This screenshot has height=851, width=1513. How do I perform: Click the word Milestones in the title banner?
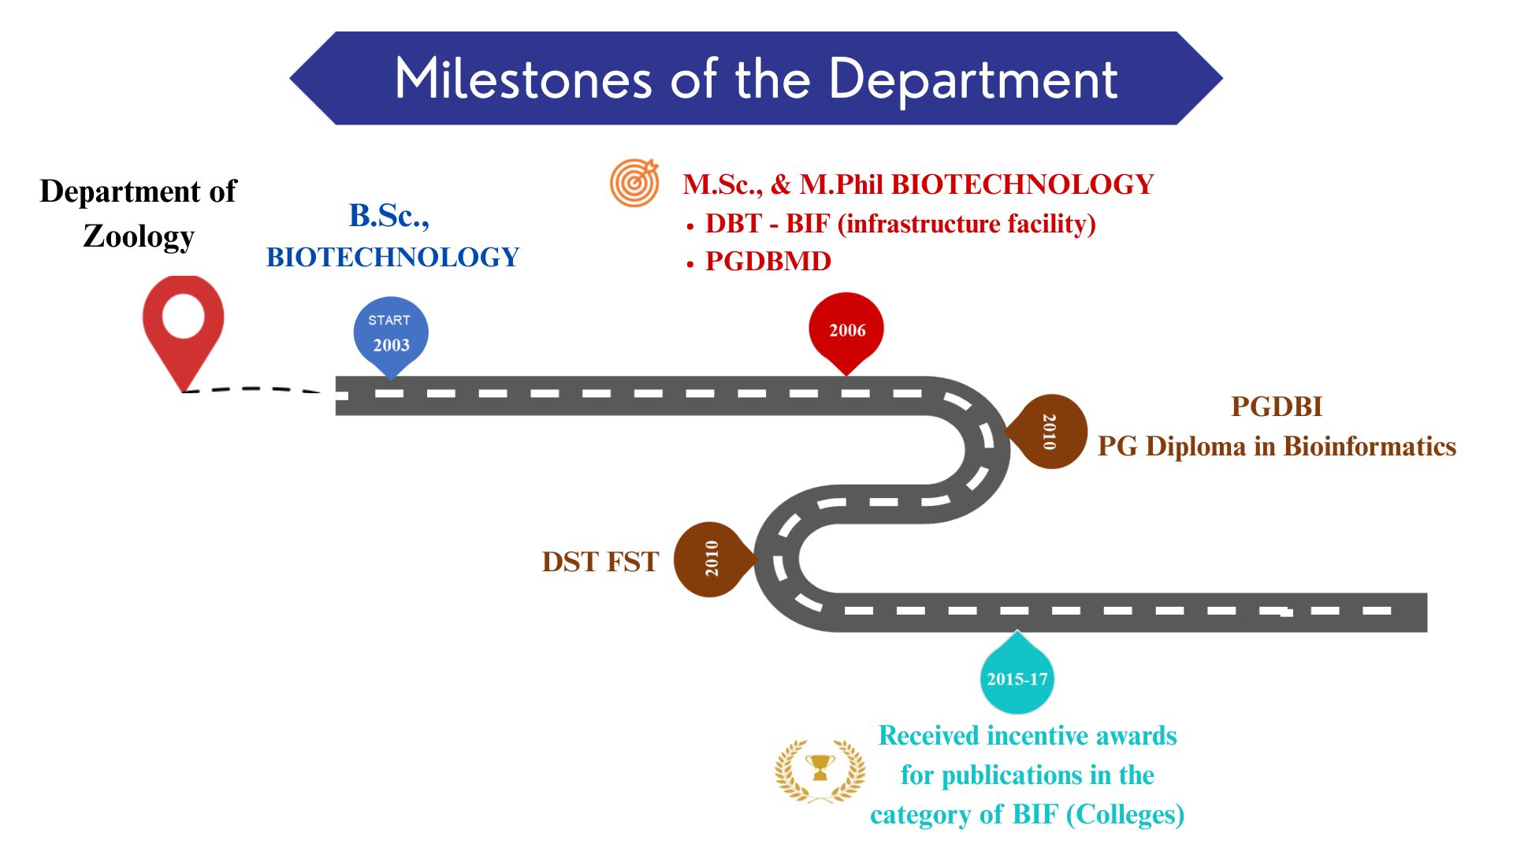523,79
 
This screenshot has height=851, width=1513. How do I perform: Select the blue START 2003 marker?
391,334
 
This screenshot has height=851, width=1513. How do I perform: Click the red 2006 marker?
846,330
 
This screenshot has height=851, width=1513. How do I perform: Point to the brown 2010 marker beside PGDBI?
1049,431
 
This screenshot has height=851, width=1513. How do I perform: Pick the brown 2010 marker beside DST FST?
712,559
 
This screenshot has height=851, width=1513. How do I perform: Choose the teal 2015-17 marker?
1017,678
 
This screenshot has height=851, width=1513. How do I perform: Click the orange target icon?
634,183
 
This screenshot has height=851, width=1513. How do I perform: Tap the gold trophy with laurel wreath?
820,770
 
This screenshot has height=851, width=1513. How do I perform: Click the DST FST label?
600,562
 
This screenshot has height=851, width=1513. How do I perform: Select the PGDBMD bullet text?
768,262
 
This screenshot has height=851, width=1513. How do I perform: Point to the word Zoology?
139,236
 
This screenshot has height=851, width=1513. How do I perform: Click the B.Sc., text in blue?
389,216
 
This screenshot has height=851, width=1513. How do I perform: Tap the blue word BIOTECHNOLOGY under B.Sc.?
392,258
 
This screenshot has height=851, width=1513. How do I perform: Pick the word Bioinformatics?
1370,447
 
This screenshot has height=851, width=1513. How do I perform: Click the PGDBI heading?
1277,407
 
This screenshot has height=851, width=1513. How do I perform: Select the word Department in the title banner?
973,79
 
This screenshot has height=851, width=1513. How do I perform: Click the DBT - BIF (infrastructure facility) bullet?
900,224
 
